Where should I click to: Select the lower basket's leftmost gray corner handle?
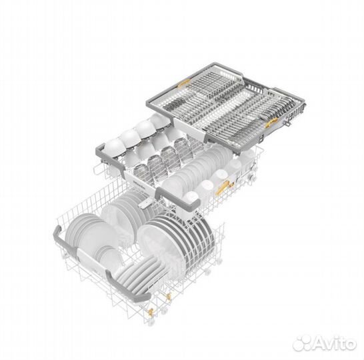tap(59, 234)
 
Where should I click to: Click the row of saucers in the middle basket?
tap(193, 167)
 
